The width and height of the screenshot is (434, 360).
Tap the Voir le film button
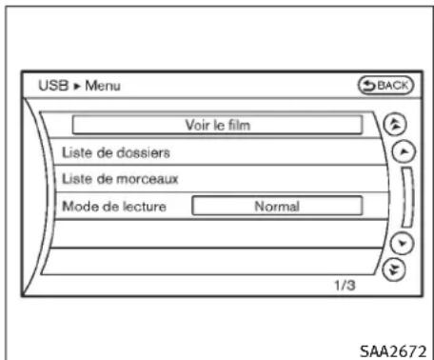tap(219, 124)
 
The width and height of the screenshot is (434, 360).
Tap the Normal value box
tap(277, 205)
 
